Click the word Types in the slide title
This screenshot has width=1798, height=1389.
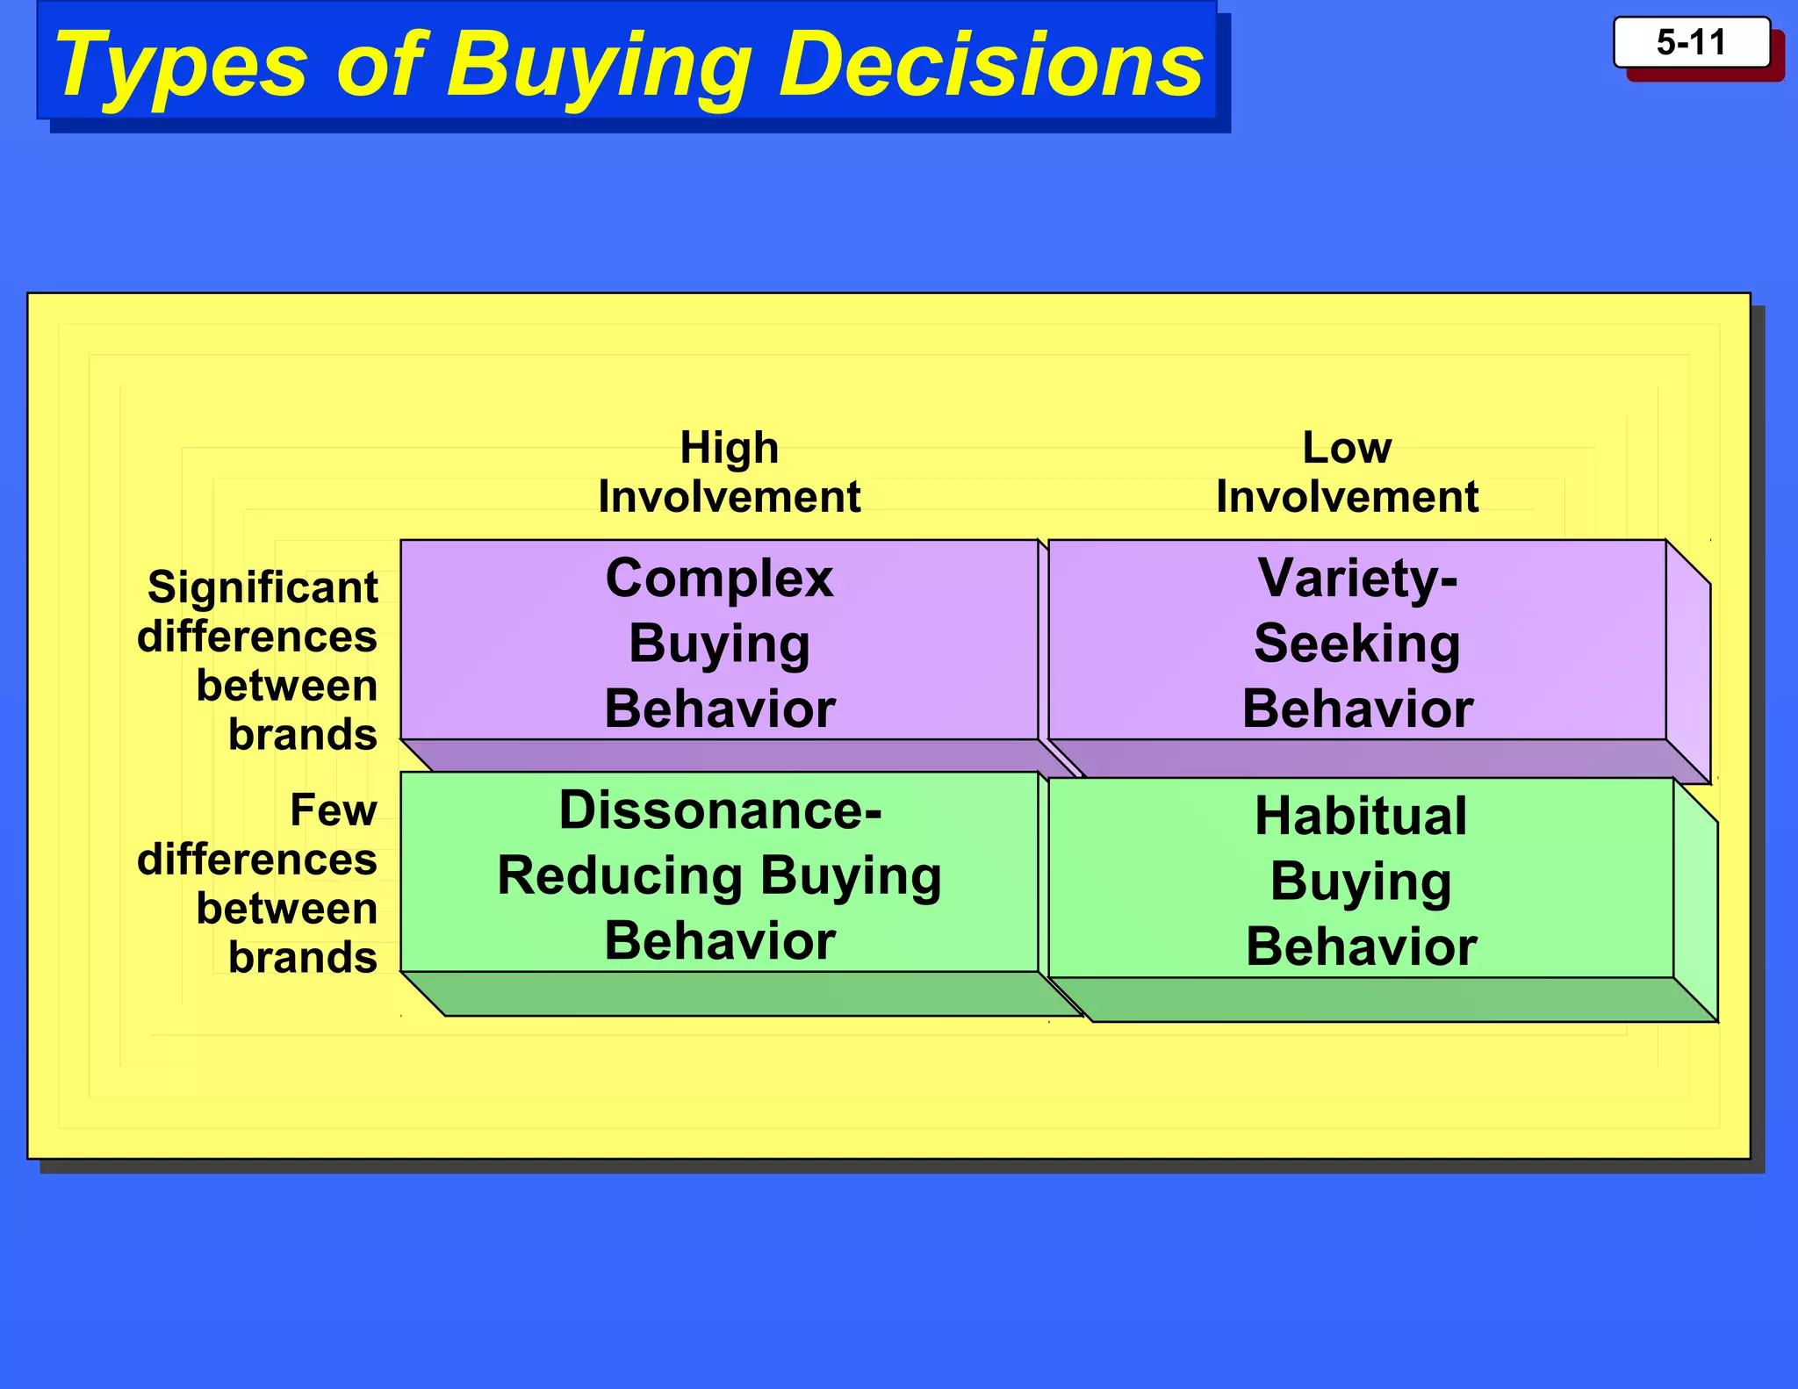[x=180, y=65]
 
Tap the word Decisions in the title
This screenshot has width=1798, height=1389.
[x=991, y=63]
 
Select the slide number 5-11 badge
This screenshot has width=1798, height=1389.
[x=1691, y=43]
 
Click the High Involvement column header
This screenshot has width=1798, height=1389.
[x=729, y=472]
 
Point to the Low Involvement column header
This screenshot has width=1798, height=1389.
[x=1347, y=472]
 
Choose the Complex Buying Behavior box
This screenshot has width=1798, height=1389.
[x=719, y=642]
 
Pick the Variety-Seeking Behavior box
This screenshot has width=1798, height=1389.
[x=1357, y=642]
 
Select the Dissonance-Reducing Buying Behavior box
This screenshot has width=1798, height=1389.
[x=719, y=874]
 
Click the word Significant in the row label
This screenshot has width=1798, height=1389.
[x=263, y=587]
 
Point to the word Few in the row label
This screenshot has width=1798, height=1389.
[x=334, y=810]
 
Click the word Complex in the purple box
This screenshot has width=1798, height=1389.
[x=719, y=579]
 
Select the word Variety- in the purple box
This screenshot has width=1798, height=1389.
[x=1357, y=579]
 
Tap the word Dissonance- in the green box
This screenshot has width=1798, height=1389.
[x=720, y=810]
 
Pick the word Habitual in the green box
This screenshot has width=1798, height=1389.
[x=1361, y=816]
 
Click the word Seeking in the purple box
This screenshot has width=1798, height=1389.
[x=1357, y=644]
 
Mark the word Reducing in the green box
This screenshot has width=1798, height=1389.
[x=619, y=875]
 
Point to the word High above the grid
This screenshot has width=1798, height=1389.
[x=729, y=448]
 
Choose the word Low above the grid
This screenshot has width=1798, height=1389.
[x=1347, y=448]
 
